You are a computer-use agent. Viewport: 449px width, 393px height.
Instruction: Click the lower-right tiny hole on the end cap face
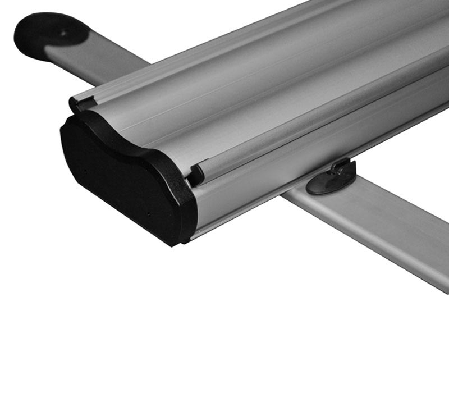point(149,213)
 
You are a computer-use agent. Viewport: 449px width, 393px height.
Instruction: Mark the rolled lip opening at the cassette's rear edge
point(75,104)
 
